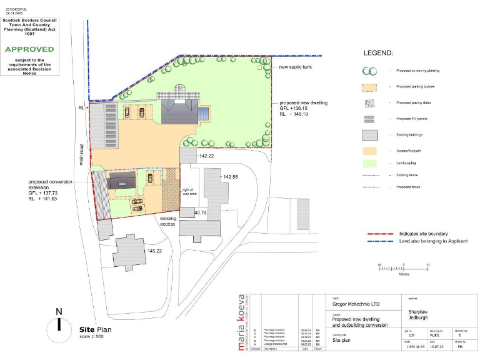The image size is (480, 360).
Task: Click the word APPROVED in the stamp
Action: coord(30,49)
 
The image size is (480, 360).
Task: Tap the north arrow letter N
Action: coord(59,311)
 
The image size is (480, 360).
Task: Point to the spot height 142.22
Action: coord(206,156)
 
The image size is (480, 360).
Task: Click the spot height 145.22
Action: coord(154,251)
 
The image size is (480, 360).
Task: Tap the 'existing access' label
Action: coord(167,221)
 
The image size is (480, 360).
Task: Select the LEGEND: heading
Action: coord(378,53)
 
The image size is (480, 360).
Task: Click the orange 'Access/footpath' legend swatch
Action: coord(371,151)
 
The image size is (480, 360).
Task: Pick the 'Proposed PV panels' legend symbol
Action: coord(371,119)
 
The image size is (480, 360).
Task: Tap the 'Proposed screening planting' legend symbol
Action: coord(370,72)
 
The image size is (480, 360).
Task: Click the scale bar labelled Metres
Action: coord(403,266)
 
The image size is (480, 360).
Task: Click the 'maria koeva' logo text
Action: coord(242,322)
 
